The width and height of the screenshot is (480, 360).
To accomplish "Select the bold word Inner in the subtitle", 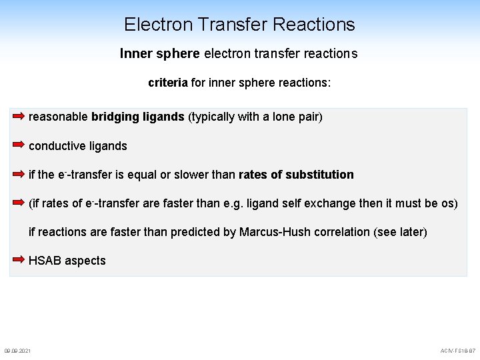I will click(x=136, y=53).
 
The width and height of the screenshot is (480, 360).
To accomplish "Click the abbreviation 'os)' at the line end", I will click(x=450, y=203).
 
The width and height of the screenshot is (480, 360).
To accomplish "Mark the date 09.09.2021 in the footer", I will click(x=17, y=351).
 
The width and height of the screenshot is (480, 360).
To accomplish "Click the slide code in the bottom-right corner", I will click(x=458, y=351).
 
